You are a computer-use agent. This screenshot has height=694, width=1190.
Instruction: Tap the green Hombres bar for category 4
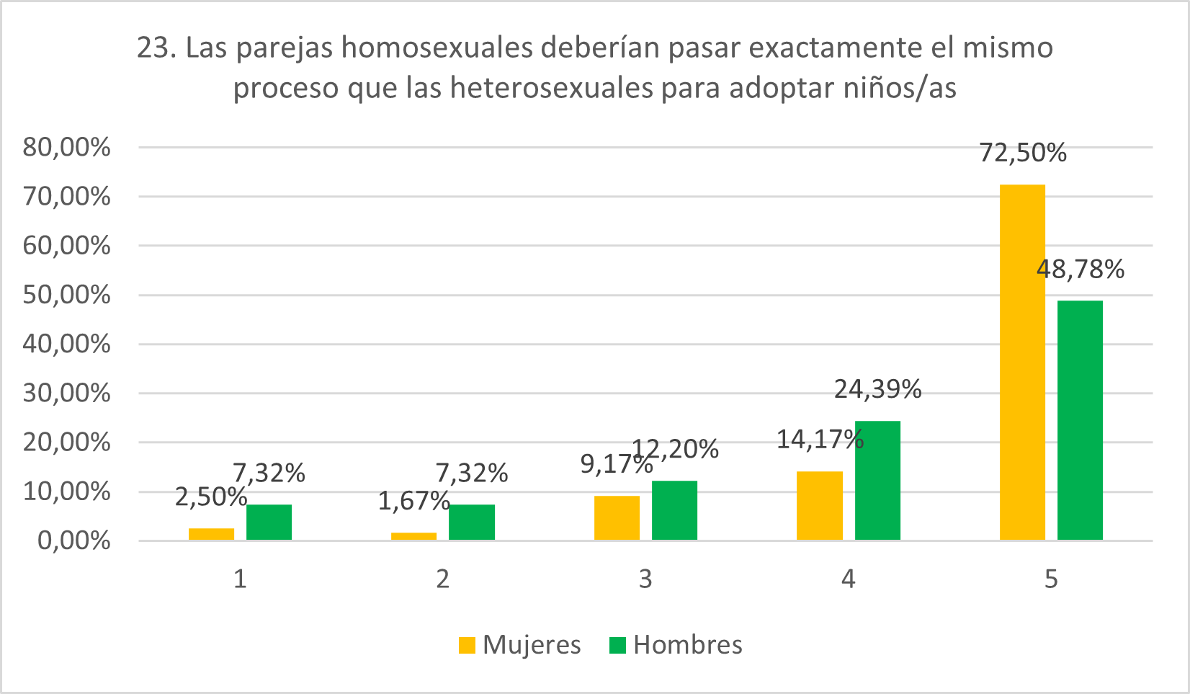pos(877,480)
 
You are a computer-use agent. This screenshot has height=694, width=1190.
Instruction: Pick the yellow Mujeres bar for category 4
pos(819,505)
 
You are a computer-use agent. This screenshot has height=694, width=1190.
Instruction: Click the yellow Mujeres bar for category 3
pos(617,517)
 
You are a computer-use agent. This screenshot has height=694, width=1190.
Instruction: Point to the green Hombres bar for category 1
pos(269,522)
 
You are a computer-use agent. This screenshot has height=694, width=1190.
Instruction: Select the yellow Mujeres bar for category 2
pos(413,536)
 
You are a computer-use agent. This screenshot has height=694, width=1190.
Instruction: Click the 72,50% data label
pos(1022,154)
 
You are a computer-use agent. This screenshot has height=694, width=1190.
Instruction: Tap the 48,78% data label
pos(1080,270)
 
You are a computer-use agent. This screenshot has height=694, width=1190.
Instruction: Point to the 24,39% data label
pos(877,389)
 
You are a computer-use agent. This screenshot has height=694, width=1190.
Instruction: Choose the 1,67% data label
pos(413,501)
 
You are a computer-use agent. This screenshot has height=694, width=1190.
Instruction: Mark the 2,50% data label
pos(210,497)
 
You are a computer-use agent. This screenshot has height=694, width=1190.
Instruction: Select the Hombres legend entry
pos(676,644)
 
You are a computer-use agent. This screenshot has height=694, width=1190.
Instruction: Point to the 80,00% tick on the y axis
pos(67,148)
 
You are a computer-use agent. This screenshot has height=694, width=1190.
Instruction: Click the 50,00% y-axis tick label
pos(67,295)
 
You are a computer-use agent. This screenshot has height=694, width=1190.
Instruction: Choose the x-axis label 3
pos(645,579)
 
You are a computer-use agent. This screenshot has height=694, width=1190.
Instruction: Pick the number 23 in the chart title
pos(152,48)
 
